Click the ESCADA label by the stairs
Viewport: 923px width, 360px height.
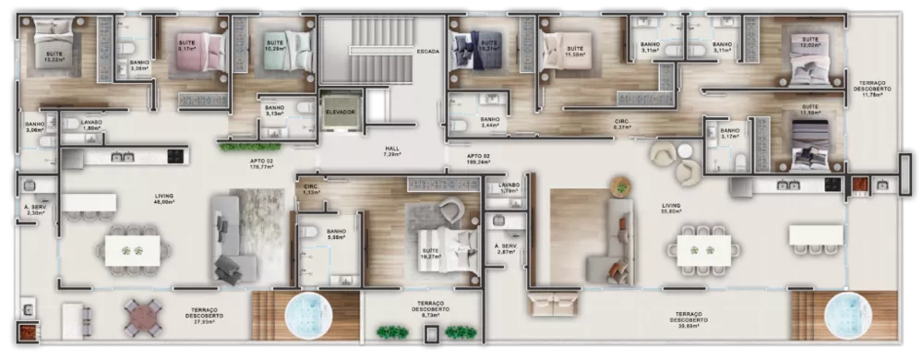click(x=427, y=52)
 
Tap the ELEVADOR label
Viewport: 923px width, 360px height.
click(x=340, y=112)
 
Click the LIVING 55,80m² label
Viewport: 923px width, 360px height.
click(x=671, y=209)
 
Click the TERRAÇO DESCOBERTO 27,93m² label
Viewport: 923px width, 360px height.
click(x=205, y=314)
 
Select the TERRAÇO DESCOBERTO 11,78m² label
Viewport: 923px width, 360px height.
click(x=873, y=88)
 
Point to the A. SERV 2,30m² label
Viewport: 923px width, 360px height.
click(x=35, y=209)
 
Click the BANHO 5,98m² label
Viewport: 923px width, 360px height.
click(x=336, y=234)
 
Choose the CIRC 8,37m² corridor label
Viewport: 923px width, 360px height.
click(x=623, y=124)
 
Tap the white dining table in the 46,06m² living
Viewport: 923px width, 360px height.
click(x=132, y=250)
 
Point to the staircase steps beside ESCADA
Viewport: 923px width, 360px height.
click(x=380, y=46)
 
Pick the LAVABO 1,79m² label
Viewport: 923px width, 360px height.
click(x=509, y=187)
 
